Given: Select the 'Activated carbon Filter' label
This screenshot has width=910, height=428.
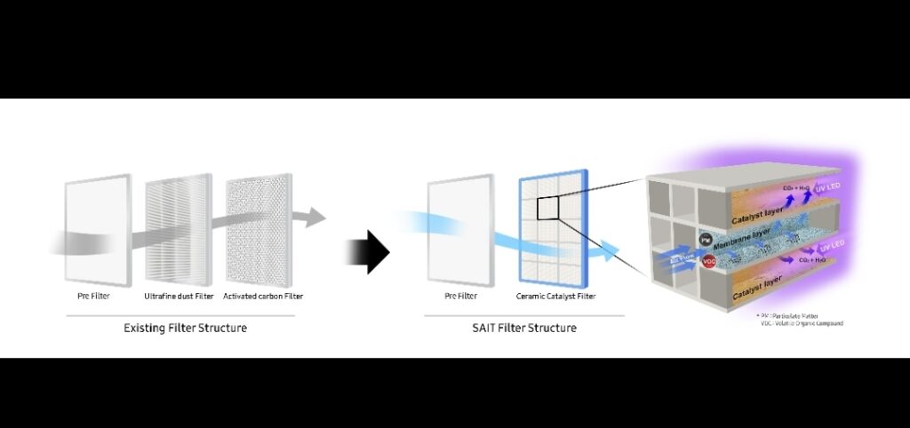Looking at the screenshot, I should click(x=263, y=296).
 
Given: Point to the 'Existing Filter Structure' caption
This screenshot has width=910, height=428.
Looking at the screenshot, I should click(x=185, y=328).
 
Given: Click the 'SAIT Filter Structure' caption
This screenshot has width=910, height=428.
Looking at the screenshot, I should click(x=524, y=328).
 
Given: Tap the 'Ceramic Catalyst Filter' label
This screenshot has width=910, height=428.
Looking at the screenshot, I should click(x=556, y=296).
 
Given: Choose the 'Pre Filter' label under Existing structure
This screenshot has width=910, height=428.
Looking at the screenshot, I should click(x=93, y=296).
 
